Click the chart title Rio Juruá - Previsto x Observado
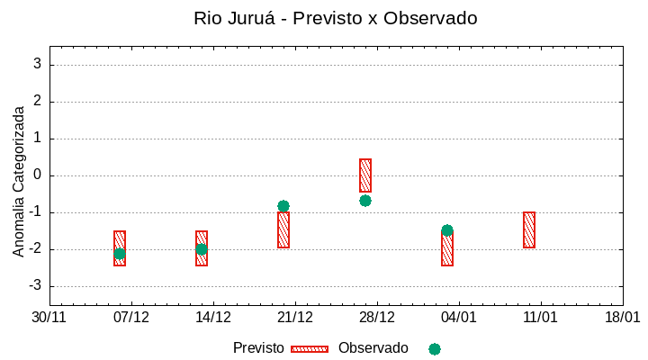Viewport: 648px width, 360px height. click(336, 18)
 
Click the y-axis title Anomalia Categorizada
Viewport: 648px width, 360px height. click(19, 181)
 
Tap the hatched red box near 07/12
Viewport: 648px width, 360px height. click(120, 238)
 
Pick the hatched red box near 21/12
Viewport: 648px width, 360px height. click(283, 230)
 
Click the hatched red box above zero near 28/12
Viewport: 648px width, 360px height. click(365, 175)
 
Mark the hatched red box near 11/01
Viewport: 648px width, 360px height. click(529, 229)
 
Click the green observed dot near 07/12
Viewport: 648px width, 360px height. click(120, 254)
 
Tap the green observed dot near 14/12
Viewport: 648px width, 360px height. click(202, 249)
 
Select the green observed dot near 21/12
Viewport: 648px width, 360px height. click(283, 206)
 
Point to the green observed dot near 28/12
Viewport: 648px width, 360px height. click(365, 201)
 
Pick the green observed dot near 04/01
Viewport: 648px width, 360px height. click(447, 230)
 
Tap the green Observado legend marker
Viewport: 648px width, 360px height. click(435, 348)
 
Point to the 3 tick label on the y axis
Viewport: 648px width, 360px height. click(38, 65)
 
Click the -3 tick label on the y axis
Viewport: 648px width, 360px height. click(35, 286)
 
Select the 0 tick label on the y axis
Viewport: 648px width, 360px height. click(38, 175)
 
